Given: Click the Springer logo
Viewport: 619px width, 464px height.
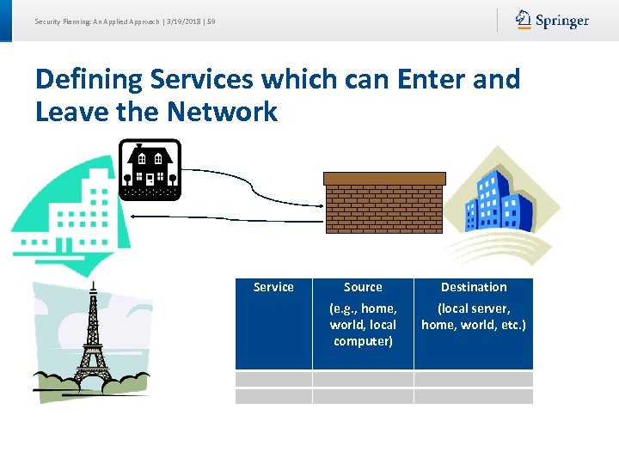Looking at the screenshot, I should (x=553, y=20).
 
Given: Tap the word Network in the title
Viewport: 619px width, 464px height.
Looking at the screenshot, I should (x=223, y=112).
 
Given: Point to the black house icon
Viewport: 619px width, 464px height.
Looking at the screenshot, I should (x=150, y=170).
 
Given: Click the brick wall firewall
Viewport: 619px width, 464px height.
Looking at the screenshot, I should (x=384, y=202).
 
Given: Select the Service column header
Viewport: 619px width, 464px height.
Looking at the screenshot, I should (x=273, y=287).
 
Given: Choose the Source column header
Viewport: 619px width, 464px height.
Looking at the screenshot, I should (x=363, y=287).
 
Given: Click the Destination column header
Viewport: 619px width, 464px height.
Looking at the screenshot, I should (x=474, y=287).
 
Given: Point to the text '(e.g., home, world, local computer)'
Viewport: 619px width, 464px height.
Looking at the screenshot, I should (x=363, y=325).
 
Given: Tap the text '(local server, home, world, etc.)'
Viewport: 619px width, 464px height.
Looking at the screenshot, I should (x=474, y=316).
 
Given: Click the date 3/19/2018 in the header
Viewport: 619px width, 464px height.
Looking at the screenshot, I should (x=183, y=21).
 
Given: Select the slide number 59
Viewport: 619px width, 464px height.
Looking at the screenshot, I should (x=211, y=21).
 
